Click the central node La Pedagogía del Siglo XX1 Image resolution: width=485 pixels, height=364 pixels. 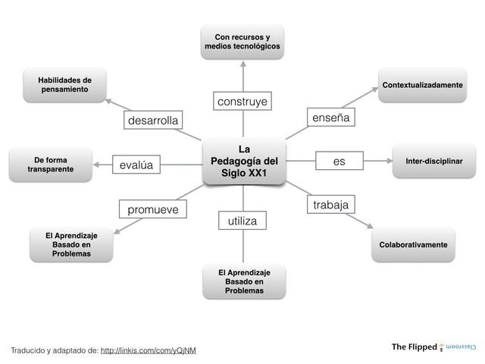(243, 161)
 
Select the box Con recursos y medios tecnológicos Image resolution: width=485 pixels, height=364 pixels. (242, 42)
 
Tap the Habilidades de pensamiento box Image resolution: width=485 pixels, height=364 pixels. (64, 84)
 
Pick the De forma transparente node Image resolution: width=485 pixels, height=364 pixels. (50, 165)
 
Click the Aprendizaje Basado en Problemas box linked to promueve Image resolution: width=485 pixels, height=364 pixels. (71, 244)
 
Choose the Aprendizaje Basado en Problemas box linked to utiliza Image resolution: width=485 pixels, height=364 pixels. (244, 281)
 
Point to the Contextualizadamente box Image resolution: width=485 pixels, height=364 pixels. (422, 85)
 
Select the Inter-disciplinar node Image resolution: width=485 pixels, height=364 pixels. (434, 161)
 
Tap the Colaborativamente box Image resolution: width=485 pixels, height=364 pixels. (413, 244)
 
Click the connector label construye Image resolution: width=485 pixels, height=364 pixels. (242, 101)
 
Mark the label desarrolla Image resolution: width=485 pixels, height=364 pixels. (153, 121)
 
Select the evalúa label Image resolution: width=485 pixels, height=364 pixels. (136, 165)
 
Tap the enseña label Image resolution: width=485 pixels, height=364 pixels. (330, 118)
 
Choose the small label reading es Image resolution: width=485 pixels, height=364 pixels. (339, 161)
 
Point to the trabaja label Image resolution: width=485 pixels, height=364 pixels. (330, 205)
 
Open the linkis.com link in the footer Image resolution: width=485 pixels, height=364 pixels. (148, 350)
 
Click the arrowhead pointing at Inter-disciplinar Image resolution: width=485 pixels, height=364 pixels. (389, 161)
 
